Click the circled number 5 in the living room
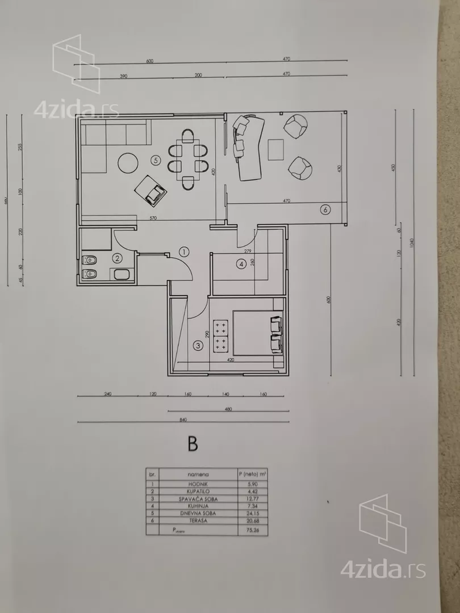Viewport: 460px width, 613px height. pos(156,161)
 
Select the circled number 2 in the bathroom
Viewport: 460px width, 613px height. pos(117,258)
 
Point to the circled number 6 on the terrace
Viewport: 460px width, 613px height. pos(325,209)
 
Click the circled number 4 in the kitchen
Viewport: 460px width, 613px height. pos(241,263)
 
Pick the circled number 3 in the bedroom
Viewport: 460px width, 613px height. pos(198,345)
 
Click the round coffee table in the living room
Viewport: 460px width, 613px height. pos(127,163)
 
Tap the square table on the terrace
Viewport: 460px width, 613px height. pos(277,149)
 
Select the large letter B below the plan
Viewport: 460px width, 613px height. pos(193,443)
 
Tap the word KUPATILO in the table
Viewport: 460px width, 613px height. pos(198,490)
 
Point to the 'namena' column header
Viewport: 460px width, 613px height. pos(198,473)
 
